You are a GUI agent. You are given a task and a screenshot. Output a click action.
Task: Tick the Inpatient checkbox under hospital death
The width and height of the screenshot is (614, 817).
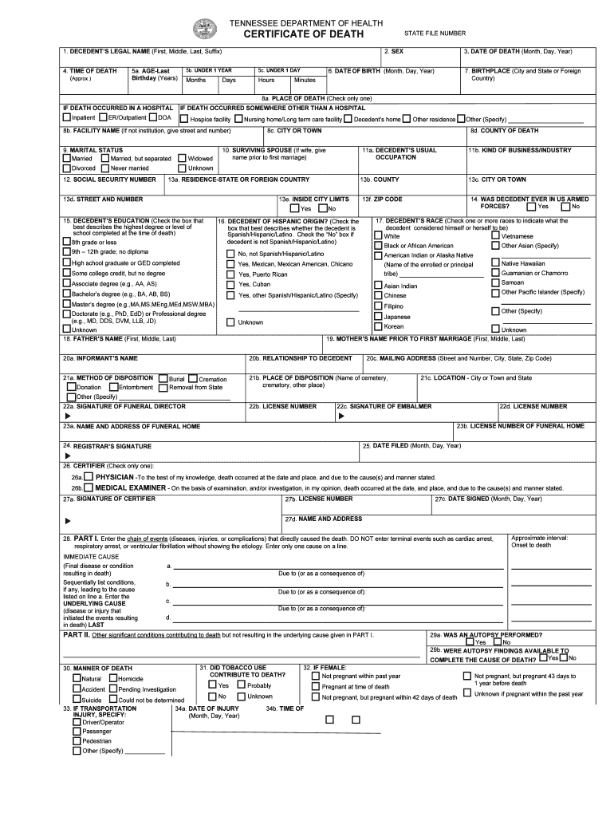[67, 118]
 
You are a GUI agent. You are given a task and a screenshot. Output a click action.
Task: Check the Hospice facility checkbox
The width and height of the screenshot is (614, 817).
[183, 119]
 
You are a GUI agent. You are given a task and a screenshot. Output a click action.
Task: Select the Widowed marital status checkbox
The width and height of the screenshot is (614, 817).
[183, 159]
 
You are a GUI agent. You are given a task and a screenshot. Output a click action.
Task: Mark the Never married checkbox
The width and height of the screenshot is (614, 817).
[104, 168]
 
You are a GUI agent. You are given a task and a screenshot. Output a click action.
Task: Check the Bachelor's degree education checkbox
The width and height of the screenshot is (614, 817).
[67, 294]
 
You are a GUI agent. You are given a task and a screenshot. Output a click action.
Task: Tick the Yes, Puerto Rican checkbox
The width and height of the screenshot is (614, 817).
[231, 274]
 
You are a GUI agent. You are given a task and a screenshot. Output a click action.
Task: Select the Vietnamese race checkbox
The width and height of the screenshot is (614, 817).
[495, 236]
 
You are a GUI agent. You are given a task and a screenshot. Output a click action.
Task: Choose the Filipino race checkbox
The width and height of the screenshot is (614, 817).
[378, 306]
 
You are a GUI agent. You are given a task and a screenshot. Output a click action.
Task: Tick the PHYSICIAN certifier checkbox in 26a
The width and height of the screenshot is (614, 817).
[89, 477]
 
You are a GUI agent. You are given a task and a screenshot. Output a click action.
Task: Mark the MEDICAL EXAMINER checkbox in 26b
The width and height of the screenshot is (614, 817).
[89, 487]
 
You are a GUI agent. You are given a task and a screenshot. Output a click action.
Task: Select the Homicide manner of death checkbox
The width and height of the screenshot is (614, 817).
[112, 679]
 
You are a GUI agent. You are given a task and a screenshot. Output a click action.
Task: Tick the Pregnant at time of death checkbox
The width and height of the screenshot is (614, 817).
[315, 686]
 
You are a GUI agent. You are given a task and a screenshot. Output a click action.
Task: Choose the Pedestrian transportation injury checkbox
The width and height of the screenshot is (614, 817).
[77, 740]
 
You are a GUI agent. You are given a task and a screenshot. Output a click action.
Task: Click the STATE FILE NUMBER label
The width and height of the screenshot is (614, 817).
[435, 34]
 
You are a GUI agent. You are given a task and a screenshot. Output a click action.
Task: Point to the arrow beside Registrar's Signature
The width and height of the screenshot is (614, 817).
[68, 456]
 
